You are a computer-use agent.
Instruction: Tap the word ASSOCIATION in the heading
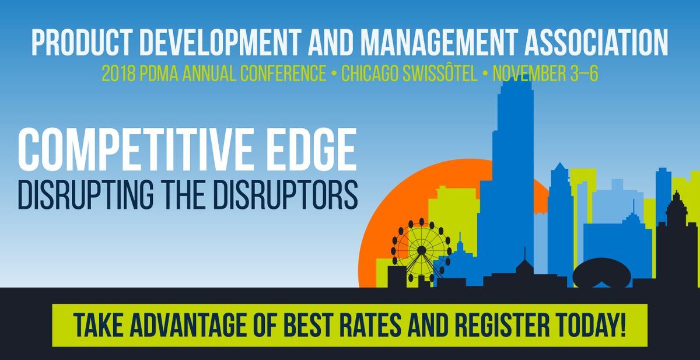click(x=597, y=43)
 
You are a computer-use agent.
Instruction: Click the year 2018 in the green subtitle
click(x=119, y=74)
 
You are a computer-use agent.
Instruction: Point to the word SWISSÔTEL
click(x=440, y=73)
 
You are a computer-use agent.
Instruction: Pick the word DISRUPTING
click(x=86, y=194)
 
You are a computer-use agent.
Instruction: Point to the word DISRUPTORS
click(x=287, y=194)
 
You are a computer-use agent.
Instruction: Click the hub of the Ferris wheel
click(x=421, y=250)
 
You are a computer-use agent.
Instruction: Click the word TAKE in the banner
click(x=98, y=325)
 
